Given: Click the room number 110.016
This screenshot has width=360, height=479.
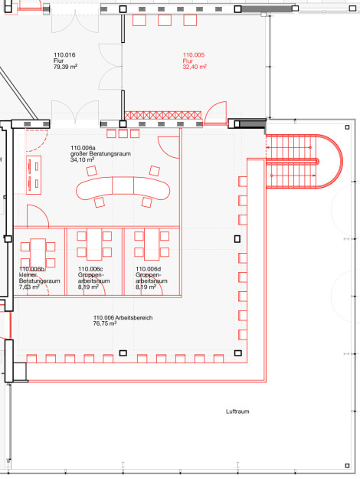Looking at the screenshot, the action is point(64,55).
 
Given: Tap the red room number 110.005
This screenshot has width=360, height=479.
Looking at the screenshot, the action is point(194,55).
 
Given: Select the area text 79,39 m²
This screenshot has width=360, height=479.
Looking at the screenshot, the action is point(65,67).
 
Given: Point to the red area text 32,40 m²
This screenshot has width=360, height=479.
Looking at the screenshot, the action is point(195,67).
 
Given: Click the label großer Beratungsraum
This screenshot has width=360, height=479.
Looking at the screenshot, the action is point(100,153).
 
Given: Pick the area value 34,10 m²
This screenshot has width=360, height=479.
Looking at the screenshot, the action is point(82,159).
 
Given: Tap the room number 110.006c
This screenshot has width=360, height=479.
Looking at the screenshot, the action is point(90,269).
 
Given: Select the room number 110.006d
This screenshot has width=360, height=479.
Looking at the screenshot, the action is point(148,269).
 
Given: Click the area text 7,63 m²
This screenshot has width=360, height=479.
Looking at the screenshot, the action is point(29,287).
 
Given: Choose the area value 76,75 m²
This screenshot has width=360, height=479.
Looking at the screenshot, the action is point(105,323).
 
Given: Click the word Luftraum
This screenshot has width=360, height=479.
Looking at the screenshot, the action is point(237,412).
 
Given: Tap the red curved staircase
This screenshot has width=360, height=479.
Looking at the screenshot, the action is point(304,161).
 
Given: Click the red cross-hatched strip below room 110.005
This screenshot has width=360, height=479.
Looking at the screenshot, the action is point(162,115).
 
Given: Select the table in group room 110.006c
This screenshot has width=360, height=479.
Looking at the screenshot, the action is point(94,244).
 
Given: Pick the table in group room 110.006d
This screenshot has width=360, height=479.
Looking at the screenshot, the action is point(152,244).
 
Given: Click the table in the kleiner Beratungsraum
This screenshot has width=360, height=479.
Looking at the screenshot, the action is point(38,254).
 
